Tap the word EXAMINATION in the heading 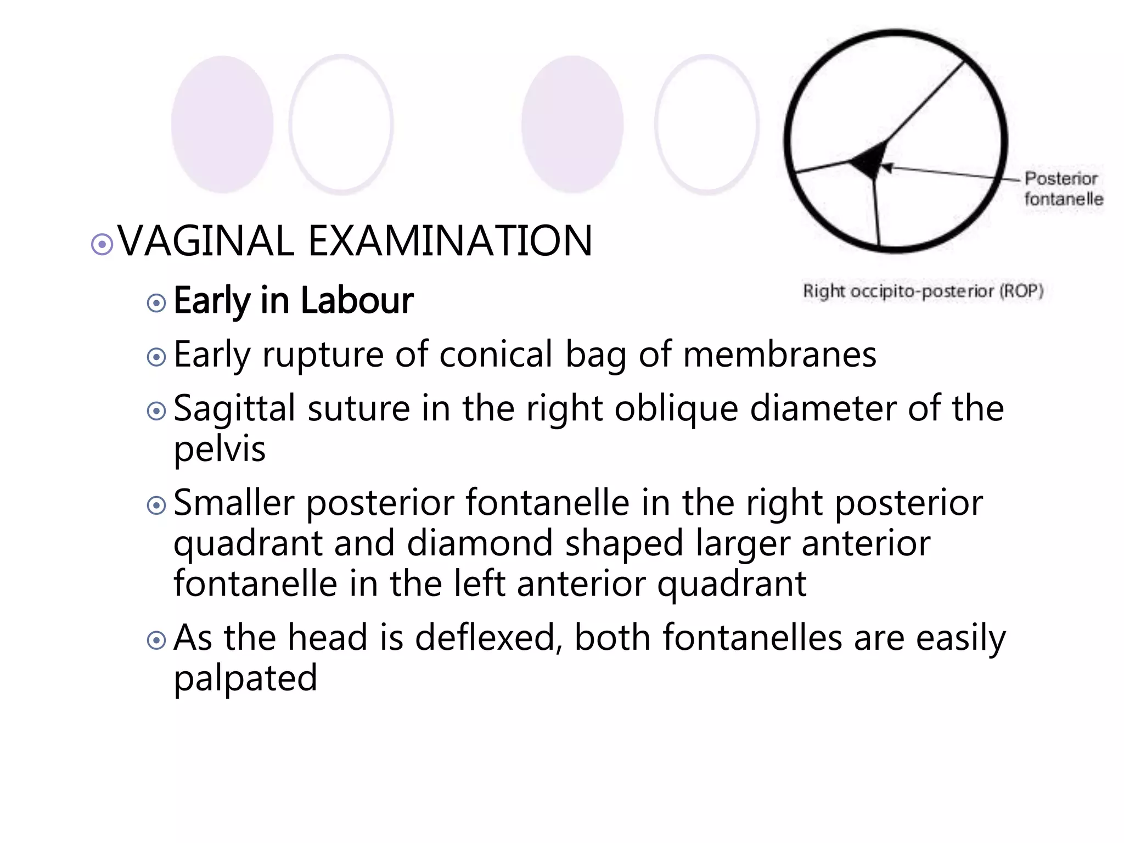tap(450, 241)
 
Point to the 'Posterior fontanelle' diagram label tap(1063, 188)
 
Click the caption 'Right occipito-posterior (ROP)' tap(923, 291)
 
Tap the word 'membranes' tap(779, 355)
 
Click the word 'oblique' tap(676, 409)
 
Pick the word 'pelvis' tap(220, 449)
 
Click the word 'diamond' tap(480, 543)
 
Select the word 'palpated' tap(245, 678)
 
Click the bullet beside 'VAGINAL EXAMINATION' tap(102, 244)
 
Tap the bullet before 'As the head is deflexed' tap(157, 640)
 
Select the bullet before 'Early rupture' tap(157, 357)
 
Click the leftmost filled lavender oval tap(222, 125)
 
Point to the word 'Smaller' tap(234, 503)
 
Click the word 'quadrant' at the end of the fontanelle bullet tap(732, 583)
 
